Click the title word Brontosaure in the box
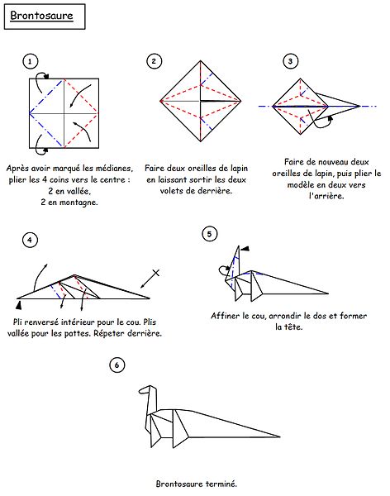click(x=41, y=16)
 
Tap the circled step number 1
click(x=30, y=61)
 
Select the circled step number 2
click(x=154, y=61)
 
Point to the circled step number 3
click(x=290, y=61)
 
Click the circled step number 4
click(x=30, y=240)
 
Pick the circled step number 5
click(x=209, y=234)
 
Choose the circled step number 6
click(x=117, y=365)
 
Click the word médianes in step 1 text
click(x=114, y=169)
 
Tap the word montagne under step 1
click(x=78, y=203)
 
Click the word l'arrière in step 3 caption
click(x=326, y=196)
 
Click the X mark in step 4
click(x=156, y=273)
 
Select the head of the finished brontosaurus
click(x=146, y=389)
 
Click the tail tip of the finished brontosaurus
click(x=279, y=436)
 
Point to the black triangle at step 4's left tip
click(x=19, y=305)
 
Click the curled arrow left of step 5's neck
click(x=224, y=270)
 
